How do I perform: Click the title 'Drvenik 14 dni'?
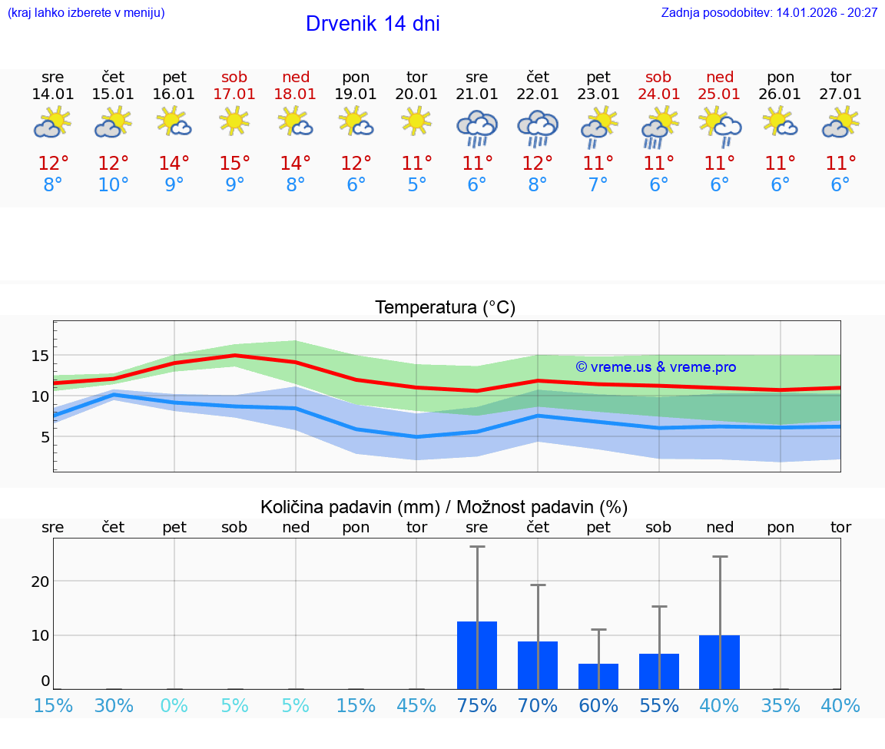[373, 24]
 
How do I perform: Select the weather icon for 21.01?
[477, 128]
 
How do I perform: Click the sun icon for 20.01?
[416, 121]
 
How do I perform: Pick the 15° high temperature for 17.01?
[234, 164]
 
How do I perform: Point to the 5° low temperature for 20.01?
[416, 185]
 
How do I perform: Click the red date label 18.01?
[296, 94]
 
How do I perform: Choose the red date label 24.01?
[658, 94]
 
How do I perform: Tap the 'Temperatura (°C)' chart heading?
[445, 308]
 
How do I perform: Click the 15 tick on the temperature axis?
[41, 356]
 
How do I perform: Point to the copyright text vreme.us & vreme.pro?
[656, 367]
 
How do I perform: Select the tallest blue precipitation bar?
[477, 655]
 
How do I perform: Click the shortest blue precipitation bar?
[598, 676]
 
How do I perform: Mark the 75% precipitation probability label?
[477, 705]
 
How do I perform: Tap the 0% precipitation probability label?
[174, 705]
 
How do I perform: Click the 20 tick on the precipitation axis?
[41, 581]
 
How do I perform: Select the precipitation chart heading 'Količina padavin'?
[444, 507]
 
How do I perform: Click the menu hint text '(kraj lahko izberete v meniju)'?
[86, 13]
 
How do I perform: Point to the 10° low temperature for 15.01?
[114, 185]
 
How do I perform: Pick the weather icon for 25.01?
[719, 126]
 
